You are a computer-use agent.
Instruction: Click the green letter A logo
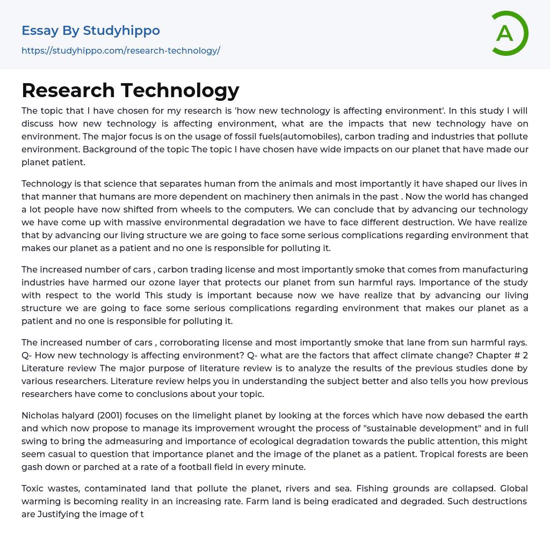[509, 33]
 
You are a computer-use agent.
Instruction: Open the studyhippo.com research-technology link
[121, 50]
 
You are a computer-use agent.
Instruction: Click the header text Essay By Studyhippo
[91, 31]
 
